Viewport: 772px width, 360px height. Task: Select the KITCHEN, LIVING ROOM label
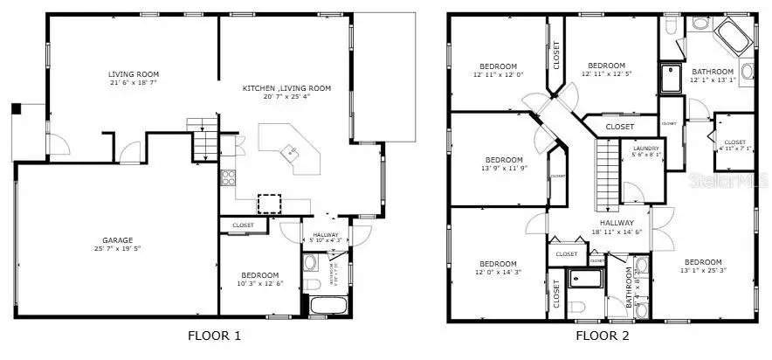pyautogui.click(x=286, y=88)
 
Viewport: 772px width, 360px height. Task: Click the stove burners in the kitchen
pyautogui.click(x=228, y=178)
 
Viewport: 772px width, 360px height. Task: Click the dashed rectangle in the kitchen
pyautogui.click(x=271, y=204)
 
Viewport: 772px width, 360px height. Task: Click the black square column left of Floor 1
pyautogui.click(x=16, y=109)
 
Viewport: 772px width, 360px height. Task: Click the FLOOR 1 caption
pyautogui.click(x=214, y=336)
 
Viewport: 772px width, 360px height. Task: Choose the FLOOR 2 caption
pyautogui.click(x=602, y=336)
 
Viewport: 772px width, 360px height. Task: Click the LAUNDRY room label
pyautogui.click(x=646, y=149)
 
